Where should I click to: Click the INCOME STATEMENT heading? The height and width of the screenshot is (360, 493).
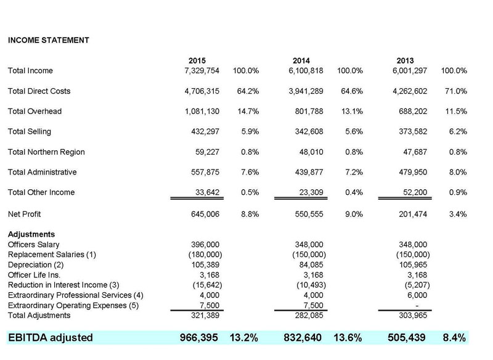point(49,40)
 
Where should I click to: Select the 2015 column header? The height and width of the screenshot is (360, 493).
point(197,60)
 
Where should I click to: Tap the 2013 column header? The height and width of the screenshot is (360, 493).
point(405,60)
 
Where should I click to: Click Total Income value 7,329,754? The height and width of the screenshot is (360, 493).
point(202,71)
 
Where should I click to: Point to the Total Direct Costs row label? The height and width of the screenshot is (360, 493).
point(39,91)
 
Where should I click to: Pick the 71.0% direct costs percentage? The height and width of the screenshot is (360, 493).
point(456,91)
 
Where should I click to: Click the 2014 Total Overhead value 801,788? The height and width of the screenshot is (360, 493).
point(309,112)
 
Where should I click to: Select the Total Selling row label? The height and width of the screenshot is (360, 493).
point(29,132)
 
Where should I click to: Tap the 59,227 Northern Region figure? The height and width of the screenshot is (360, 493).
point(207,152)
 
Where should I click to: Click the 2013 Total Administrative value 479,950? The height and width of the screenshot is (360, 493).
point(413,173)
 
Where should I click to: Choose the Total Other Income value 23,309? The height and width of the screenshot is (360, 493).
point(311,192)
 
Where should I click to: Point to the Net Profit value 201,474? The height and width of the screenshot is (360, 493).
point(413,215)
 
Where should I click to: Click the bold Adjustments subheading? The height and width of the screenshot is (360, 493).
point(31,234)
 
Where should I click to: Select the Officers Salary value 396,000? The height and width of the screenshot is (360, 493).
point(205,245)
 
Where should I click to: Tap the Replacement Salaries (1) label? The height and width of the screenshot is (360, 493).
point(52,255)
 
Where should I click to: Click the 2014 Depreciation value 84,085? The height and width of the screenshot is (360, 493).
point(311,264)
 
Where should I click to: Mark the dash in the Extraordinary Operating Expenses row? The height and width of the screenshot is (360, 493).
point(417,306)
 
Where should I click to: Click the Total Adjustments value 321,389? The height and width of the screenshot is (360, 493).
point(205,316)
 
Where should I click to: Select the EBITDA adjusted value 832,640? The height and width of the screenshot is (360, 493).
point(303,338)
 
